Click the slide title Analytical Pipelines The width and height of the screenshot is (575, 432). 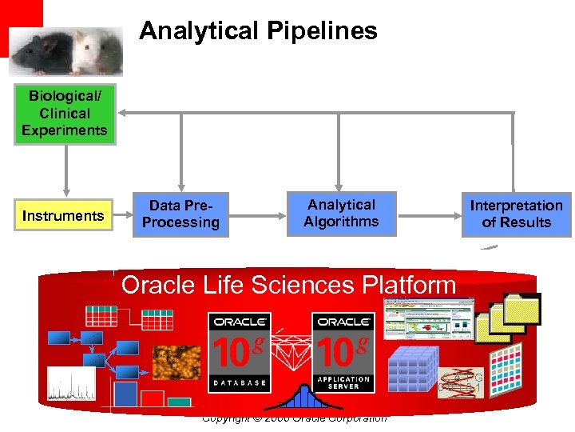pos(258,31)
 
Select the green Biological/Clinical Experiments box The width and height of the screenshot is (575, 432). pos(65,114)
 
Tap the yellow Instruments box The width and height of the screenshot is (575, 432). pos(64,215)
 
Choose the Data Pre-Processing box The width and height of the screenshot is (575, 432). pos(180,214)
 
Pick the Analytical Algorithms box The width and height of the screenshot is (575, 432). pos(341,214)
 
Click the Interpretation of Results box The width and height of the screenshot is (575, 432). pos(517,214)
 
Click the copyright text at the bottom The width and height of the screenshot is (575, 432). pos(294,418)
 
